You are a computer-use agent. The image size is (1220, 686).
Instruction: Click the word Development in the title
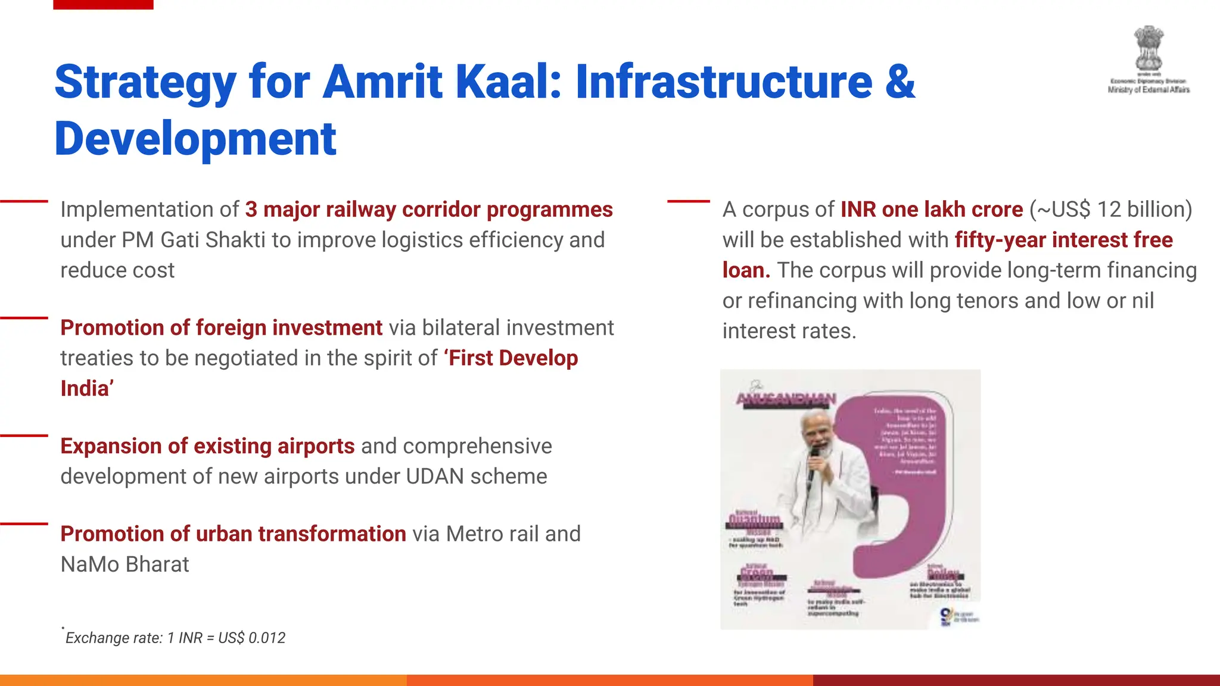(195, 139)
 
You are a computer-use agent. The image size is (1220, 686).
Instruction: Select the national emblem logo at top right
(1148, 48)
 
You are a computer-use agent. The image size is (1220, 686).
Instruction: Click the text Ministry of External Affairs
(1149, 90)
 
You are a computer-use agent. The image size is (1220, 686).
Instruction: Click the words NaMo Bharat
(125, 564)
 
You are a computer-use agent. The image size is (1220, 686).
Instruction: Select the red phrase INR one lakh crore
(931, 210)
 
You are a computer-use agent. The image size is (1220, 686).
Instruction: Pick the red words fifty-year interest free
(1063, 240)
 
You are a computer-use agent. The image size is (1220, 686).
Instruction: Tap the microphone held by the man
(813, 464)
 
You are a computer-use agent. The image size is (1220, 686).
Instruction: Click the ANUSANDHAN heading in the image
(786, 398)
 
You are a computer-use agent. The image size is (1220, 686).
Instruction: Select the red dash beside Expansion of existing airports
(24, 436)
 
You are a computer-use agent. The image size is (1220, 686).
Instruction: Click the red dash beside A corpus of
(688, 201)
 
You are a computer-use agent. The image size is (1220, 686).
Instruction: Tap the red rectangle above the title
(103, 4)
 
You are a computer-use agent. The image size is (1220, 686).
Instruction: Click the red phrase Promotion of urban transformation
(233, 534)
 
